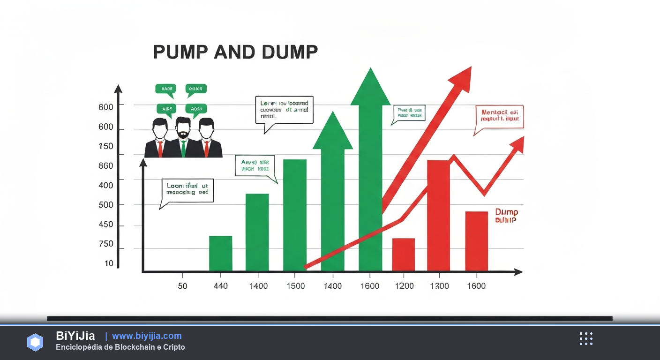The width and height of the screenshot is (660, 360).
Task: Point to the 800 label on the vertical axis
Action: click(x=106, y=107)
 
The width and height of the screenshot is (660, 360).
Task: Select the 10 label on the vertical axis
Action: click(x=109, y=263)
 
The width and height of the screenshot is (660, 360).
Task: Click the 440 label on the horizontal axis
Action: click(x=220, y=286)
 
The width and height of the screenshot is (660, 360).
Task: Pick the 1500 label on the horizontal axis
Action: click(x=295, y=286)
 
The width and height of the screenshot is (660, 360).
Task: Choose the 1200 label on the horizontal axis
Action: click(x=404, y=286)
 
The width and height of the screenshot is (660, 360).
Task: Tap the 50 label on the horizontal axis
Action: click(x=182, y=286)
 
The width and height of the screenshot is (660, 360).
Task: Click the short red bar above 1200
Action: click(x=403, y=255)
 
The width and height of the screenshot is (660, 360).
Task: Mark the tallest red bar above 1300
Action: click(x=438, y=216)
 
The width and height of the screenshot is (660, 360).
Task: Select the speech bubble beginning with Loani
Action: click(x=187, y=190)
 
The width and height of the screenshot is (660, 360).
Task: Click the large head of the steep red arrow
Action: click(x=461, y=78)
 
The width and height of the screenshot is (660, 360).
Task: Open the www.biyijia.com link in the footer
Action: click(x=147, y=336)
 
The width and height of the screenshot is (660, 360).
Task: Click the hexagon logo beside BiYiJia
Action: click(x=35, y=342)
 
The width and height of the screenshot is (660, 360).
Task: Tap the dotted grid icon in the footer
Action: click(x=586, y=339)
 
